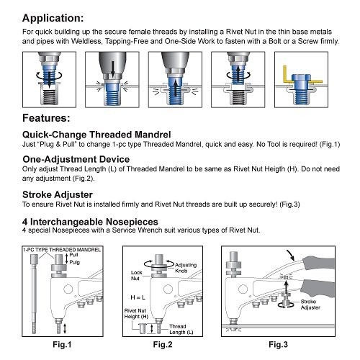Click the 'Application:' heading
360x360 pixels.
click(x=53, y=18)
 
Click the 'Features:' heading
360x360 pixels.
click(x=46, y=118)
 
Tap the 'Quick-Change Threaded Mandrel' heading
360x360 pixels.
click(x=96, y=135)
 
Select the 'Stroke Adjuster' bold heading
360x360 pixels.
click(x=58, y=194)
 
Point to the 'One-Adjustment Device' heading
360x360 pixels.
click(x=76, y=159)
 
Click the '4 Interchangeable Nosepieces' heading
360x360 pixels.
click(x=90, y=222)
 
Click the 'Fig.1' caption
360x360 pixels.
click(x=62, y=345)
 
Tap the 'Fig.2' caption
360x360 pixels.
click(x=163, y=345)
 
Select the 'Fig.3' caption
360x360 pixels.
click(x=278, y=345)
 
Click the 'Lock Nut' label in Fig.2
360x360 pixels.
click(x=136, y=276)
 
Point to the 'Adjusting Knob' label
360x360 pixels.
click(x=186, y=268)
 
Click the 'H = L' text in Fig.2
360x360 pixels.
click(x=138, y=297)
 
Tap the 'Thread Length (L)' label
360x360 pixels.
click(x=181, y=329)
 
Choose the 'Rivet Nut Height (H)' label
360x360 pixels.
click(x=136, y=314)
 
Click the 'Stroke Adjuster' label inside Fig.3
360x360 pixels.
click(x=310, y=305)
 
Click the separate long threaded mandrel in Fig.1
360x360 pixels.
click(x=34, y=294)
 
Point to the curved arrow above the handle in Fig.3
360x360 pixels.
click(x=291, y=256)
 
